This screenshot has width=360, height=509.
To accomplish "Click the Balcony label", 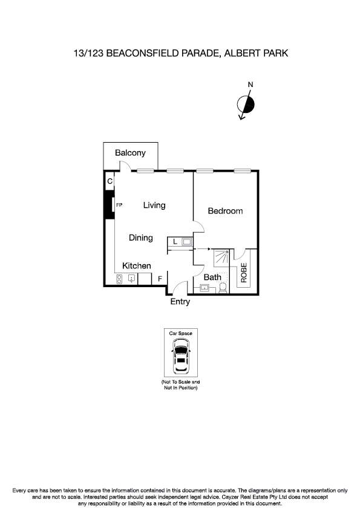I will click(x=131, y=153).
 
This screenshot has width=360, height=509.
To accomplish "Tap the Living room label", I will click(x=154, y=206).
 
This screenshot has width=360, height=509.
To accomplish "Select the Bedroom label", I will click(x=225, y=211).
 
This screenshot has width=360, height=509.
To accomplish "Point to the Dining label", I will click(x=141, y=238).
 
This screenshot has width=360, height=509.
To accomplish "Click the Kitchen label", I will click(x=137, y=266).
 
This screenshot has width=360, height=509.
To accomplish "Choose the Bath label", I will click(x=212, y=277).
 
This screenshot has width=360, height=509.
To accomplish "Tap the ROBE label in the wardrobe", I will click(x=244, y=273).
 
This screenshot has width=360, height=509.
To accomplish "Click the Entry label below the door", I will click(x=180, y=302).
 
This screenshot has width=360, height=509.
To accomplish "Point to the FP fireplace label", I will click(x=119, y=206).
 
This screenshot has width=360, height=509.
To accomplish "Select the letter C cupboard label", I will click(x=110, y=181).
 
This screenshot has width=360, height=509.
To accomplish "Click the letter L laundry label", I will click(x=175, y=242).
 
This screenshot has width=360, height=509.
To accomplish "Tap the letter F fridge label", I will click(x=160, y=279).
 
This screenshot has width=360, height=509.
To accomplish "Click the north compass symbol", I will click(x=247, y=105).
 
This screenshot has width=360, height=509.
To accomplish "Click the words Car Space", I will click(x=180, y=333).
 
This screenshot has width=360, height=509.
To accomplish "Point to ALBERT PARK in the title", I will click(x=256, y=53).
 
